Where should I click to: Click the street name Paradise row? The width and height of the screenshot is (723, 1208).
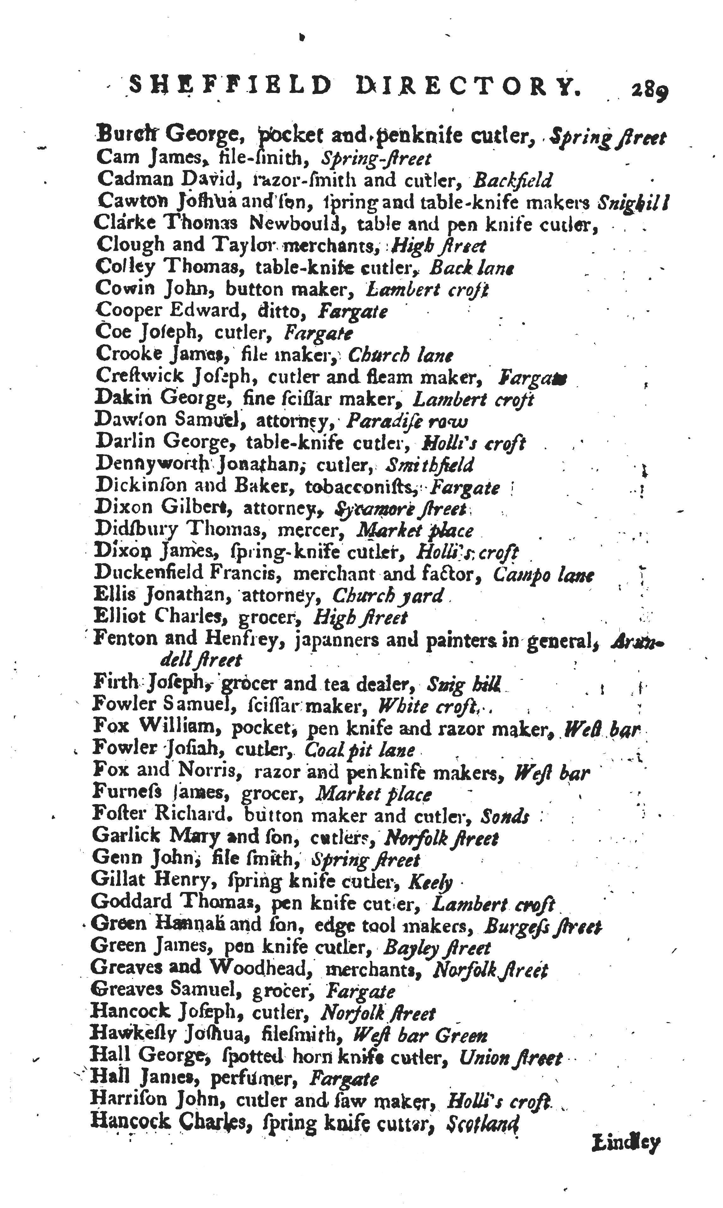(407, 421)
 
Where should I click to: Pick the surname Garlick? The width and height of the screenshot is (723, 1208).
(125, 836)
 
